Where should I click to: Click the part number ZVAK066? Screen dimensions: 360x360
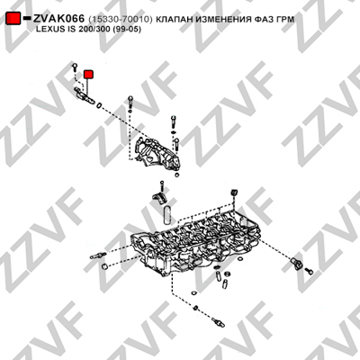tap(58, 19)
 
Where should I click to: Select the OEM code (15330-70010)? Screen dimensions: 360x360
tap(121, 20)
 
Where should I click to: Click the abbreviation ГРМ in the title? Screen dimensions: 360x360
tap(285, 20)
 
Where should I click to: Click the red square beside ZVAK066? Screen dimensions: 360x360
tap(13, 19)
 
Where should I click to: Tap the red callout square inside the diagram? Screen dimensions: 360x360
tap(89, 75)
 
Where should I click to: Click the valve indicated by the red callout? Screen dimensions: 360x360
tap(85, 95)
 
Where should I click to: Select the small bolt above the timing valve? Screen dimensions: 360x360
tap(75, 67)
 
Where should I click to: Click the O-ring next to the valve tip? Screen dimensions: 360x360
tap(99, 104)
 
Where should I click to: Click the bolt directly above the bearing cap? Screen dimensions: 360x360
tap(162, 186)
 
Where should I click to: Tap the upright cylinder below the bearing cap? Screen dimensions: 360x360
tap(167, 215)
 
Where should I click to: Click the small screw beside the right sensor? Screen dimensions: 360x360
tap(309, 271)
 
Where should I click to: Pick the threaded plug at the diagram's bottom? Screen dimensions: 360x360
tap(218, 321)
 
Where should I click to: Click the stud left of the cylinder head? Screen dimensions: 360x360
tap(97, 256)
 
